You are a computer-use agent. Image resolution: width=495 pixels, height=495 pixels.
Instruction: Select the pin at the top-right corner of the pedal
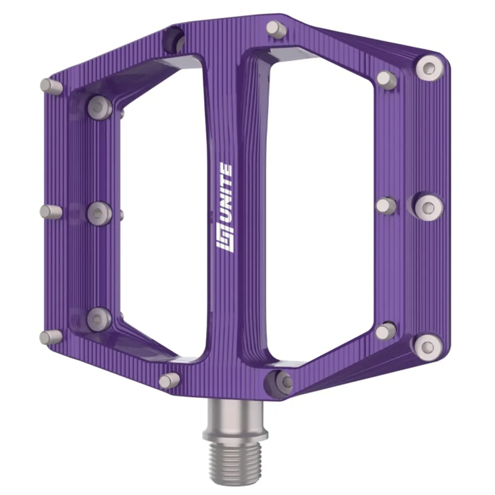pos(429,68)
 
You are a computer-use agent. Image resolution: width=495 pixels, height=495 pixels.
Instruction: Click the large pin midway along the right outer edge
pos(428,207)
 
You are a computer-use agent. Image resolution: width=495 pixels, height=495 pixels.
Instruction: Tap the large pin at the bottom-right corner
pos(428,347)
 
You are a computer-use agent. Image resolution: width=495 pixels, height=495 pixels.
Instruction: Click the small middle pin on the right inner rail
pos(386,205)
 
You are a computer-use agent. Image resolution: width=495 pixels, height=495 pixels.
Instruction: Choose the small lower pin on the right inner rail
pos(386,331)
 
